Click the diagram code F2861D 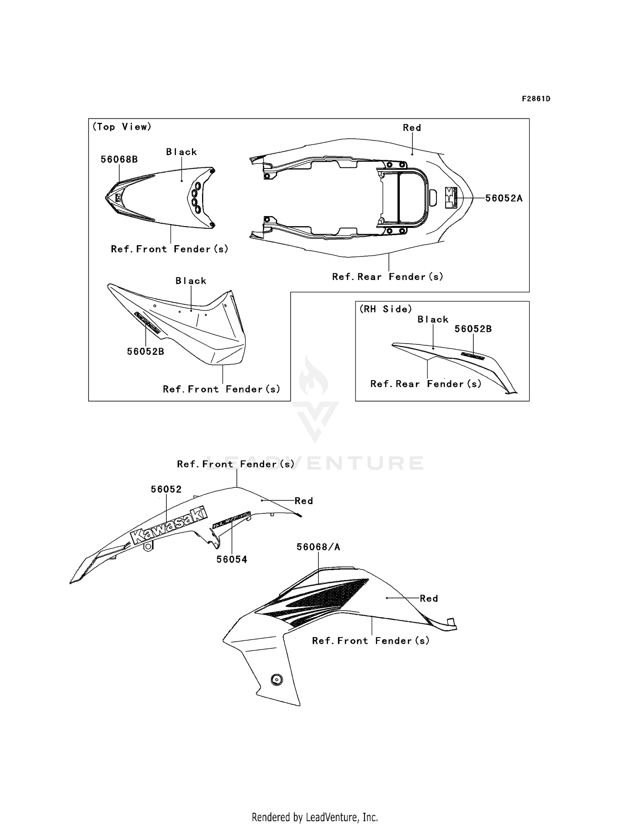536,99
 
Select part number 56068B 119,159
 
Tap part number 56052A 504,198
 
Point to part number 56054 232,559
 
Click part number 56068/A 318,547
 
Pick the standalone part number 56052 166,489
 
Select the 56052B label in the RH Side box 473,329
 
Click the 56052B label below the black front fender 145,352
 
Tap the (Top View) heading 122,127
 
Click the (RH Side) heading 386,309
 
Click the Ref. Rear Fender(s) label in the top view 388,277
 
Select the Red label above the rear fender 412,128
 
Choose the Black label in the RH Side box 433,320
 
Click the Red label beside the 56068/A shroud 429,598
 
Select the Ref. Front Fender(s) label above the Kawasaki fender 236,464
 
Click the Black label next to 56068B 181,152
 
